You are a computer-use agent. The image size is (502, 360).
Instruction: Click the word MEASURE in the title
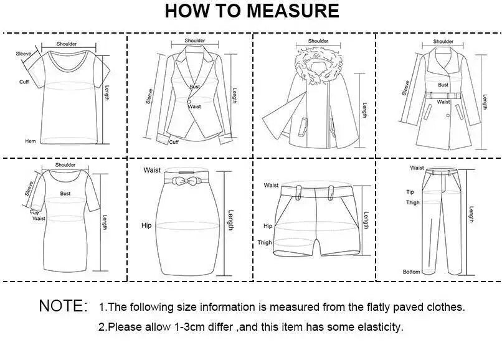click(x=293, y=11)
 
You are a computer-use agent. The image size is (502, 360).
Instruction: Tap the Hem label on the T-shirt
click(x=31, y=141)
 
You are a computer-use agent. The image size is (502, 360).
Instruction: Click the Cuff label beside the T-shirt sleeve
click(x=24, y=82)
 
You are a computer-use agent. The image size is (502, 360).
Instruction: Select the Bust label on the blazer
click(x=194, y=87)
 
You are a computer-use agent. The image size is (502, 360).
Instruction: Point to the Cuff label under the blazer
click(x=174, y=142)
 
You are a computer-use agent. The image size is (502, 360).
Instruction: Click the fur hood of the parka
click(x=318, y=66)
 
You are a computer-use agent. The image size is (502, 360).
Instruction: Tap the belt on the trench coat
click(x=444, y=95)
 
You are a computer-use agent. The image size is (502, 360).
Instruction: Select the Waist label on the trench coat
click(x=443, y=102)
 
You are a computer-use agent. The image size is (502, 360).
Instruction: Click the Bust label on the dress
click(x=65, y=194)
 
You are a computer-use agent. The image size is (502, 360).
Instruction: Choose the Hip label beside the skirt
click(x=146, y=225)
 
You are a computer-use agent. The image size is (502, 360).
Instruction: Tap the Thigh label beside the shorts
click(x=265, y=242)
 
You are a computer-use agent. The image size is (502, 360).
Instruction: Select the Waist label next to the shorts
click(x=271, y=185)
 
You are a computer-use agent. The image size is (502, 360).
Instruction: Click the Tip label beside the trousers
click(x=410, y=192)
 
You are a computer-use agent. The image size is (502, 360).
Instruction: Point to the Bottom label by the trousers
click(x=412, y=272)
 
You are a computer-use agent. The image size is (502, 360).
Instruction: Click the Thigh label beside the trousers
click(x=413, y=202)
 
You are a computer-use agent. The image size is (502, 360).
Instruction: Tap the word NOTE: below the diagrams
click(x=63, y=306)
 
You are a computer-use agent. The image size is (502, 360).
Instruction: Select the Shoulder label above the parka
click(x=318, y=41)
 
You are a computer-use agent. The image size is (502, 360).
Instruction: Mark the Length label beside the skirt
click(x=231, y=220)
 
